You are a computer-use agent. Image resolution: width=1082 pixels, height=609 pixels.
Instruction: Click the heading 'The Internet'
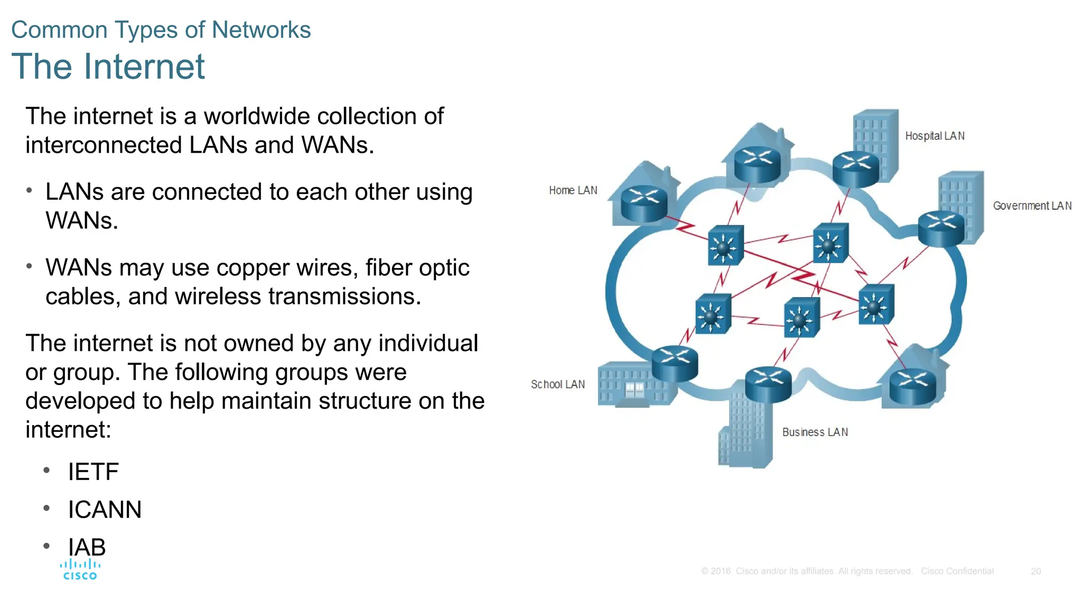[108, 67]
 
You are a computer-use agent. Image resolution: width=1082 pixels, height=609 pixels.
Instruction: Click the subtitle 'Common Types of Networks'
[161, 30]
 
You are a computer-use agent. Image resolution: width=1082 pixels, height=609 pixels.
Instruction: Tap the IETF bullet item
[93, 472]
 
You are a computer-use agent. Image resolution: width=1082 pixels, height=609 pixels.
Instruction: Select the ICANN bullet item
[105, 510]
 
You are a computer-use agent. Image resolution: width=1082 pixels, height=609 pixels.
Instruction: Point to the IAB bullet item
[87, 547]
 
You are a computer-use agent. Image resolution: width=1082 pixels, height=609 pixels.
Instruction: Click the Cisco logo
[80, 570]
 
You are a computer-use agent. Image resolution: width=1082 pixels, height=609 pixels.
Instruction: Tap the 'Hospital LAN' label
[935, 136]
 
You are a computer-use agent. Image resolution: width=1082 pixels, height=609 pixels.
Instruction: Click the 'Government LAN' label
[1032, 206]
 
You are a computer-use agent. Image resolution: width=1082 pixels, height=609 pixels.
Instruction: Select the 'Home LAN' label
[573, 190]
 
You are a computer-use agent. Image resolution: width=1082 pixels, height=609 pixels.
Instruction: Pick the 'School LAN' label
[557, 384]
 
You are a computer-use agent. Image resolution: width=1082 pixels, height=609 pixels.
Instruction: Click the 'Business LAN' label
[815, 432]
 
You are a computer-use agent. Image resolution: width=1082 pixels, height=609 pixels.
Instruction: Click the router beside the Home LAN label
[644, 204]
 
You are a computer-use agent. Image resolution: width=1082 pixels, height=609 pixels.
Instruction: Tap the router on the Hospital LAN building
[856, 168]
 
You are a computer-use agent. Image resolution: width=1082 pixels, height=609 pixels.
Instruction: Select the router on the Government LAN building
[941, 228]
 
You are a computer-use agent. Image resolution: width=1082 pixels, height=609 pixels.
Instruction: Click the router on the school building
[675, 363]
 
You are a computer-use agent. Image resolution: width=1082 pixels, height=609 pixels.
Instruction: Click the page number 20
[1036, 571]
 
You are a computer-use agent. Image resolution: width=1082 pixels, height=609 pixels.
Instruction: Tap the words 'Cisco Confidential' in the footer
[957, 571]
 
